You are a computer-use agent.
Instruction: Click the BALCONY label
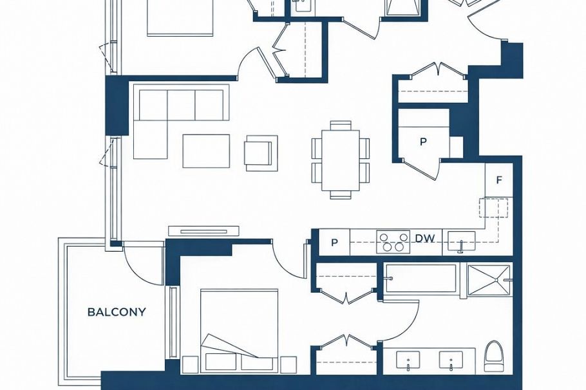(x=117, y=312)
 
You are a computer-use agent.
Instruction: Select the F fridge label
(x=498, y=181)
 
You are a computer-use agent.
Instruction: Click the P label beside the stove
(x=334, y=243)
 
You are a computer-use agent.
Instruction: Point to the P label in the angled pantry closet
(x=423, y=142)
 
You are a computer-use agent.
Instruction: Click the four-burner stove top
(x=393, y=241)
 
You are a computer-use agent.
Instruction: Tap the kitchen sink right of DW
(x=462, y=242)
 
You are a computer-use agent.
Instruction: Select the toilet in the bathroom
(x=494, y=356)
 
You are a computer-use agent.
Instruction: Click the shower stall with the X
(x=489, y=280)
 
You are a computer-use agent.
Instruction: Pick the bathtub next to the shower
(x=421, y=279)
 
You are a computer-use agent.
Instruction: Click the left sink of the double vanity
(x=408, y=360)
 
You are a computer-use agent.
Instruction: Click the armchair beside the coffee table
(x=260, y=153)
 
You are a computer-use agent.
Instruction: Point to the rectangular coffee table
(x=206, y=151)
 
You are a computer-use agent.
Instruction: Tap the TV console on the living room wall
(x=203, y=230)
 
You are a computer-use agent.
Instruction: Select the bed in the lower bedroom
(x=239, y=330)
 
